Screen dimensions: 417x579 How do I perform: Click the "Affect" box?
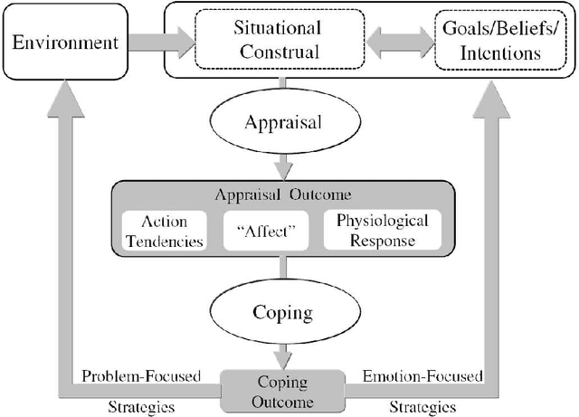pos(271,231)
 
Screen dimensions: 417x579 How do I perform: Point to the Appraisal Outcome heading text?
pos(284,196)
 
